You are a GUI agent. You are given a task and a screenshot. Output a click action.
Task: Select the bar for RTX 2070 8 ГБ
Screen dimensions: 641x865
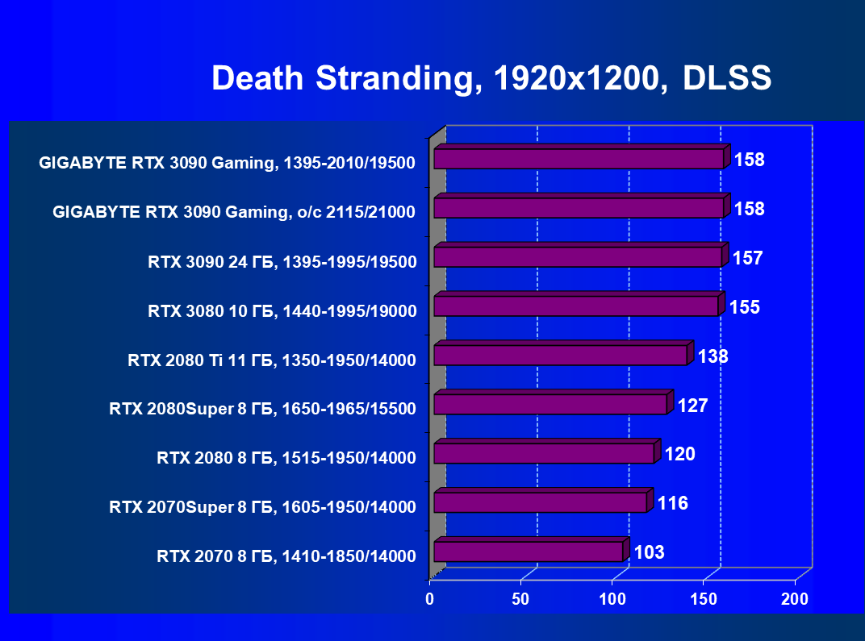(529, 552)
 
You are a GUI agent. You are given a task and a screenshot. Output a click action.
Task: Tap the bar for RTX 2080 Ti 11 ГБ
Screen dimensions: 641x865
(560, 355)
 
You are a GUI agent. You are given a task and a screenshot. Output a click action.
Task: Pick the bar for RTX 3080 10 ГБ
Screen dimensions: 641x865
(575, 306)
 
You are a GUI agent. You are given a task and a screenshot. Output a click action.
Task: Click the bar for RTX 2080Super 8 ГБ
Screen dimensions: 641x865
(550, 404)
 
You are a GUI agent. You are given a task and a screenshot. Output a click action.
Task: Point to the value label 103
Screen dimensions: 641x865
(649, 553)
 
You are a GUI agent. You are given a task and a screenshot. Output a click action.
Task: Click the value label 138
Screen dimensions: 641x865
(713, 356)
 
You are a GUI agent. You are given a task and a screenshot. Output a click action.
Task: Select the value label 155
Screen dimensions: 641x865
(745, 307)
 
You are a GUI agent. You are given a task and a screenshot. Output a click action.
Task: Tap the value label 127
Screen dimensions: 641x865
(692, 406)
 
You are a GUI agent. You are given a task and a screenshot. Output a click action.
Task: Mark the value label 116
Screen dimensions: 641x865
(672, 504)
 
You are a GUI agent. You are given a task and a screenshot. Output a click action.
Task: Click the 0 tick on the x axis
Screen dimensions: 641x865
(430, 599)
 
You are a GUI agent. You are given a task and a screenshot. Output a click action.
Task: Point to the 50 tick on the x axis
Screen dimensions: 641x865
(521, 599)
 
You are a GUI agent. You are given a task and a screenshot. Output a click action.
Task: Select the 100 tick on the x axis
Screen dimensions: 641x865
(612, 599)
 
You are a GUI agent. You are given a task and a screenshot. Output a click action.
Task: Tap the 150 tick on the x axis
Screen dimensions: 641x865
(704, 599)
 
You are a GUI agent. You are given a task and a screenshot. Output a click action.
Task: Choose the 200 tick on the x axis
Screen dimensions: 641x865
(795, 599)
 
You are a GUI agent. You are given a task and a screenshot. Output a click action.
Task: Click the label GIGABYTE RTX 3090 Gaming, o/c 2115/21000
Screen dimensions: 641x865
(234, 213)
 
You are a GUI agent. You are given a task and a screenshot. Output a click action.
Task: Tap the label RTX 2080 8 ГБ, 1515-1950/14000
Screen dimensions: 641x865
(286, 459)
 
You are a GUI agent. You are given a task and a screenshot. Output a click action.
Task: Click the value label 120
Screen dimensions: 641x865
(679, 455)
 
